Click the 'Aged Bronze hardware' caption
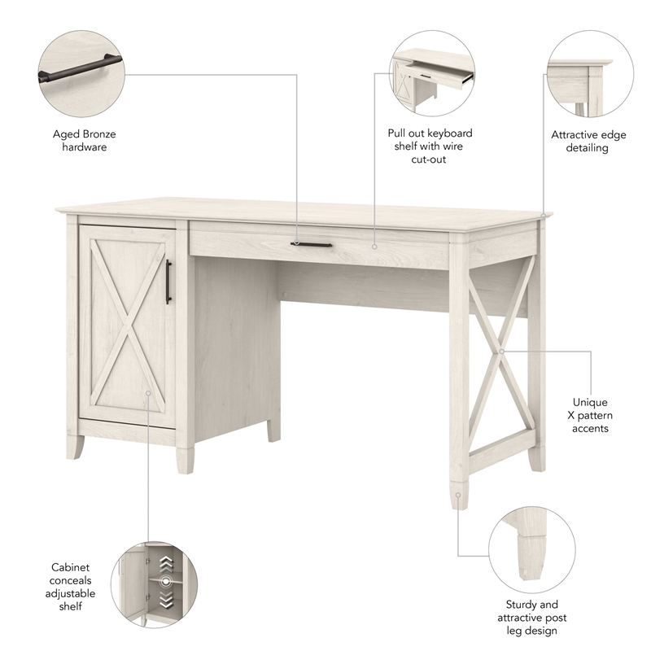click(x=81, y=140)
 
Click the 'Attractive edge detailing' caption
click(x=588, y=142)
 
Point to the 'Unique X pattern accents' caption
click(x=590, y=415)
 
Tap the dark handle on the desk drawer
click(x=312, y=243)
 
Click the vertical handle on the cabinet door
click(x=168, y=282)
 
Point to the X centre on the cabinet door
click(x=127, y=325)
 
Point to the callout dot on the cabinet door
click(x=148, y=393)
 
